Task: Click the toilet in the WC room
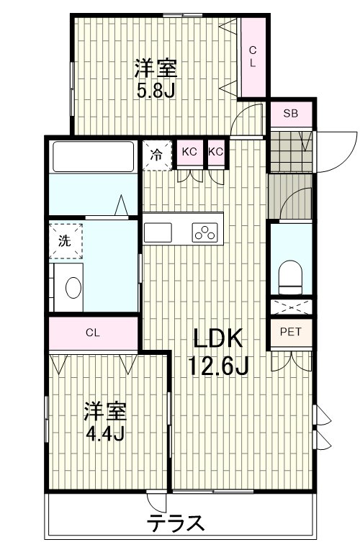[290, 277]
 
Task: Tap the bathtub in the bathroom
[94, 156]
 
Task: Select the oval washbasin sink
[73, 287]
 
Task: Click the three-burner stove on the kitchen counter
[204, 233]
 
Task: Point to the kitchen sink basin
[158, 233]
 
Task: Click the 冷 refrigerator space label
[157, 155]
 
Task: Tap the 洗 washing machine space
[66, 240]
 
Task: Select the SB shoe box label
[291, 114]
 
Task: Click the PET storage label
[291, 332]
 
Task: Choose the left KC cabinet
[189, 153]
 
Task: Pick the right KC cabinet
[216, 153]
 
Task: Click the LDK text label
[217, 338]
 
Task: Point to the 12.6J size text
[218, 366]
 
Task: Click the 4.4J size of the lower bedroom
[105, 433]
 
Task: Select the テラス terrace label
[176, 523]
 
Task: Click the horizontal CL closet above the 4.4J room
[93, 333]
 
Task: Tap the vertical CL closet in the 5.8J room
[253, 57]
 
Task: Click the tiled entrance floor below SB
[290, 151]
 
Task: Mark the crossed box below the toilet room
[292, 307]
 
